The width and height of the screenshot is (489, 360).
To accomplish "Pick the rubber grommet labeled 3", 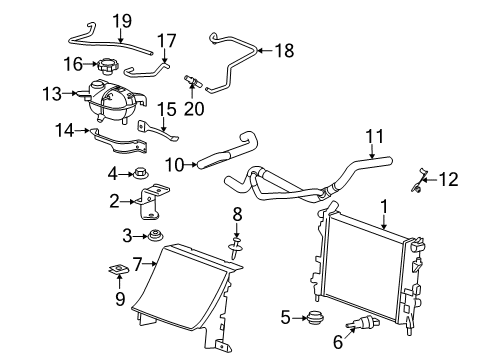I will [x=156, y=236].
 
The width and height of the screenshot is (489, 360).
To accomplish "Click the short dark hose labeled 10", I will [x=215, y=156].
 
